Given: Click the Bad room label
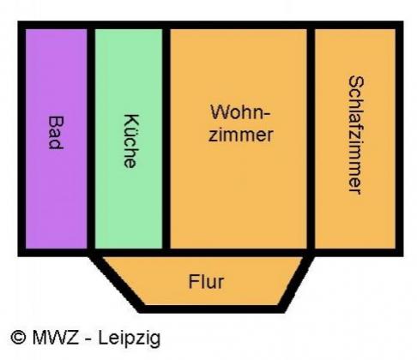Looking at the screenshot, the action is click(x=56, y=133).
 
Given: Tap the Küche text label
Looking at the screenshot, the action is click(x=131, y=141).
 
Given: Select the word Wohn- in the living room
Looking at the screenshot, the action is click(x=240, y=112).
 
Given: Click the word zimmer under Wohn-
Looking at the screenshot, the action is click(x=240, y=135).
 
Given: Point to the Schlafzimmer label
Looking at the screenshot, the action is click(x=356, y=135).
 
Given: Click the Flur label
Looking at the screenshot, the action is click(x=206, y=282).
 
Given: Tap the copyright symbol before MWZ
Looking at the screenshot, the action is click(x=18, y=338).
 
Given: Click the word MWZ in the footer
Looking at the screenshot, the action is click(x=56, y=338).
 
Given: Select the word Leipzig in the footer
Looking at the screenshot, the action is click(x=130, y=339).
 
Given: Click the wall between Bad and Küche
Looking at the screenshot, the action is click(x=91, y=139).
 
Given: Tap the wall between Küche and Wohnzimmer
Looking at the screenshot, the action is click(x=166, y=139).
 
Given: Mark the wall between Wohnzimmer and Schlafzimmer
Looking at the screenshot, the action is click(x=311, y=139).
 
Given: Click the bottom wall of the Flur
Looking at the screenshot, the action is click(x=212, y=309).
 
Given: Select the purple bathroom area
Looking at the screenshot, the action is click(x=57, y=139).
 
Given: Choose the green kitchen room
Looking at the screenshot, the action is click(x=129, y=139).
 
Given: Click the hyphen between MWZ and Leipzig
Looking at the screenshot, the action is click(x=88, y=339).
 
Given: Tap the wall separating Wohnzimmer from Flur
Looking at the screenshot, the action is click(x=239, y=253).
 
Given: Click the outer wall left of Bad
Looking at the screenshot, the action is click(x=21, y=139).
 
